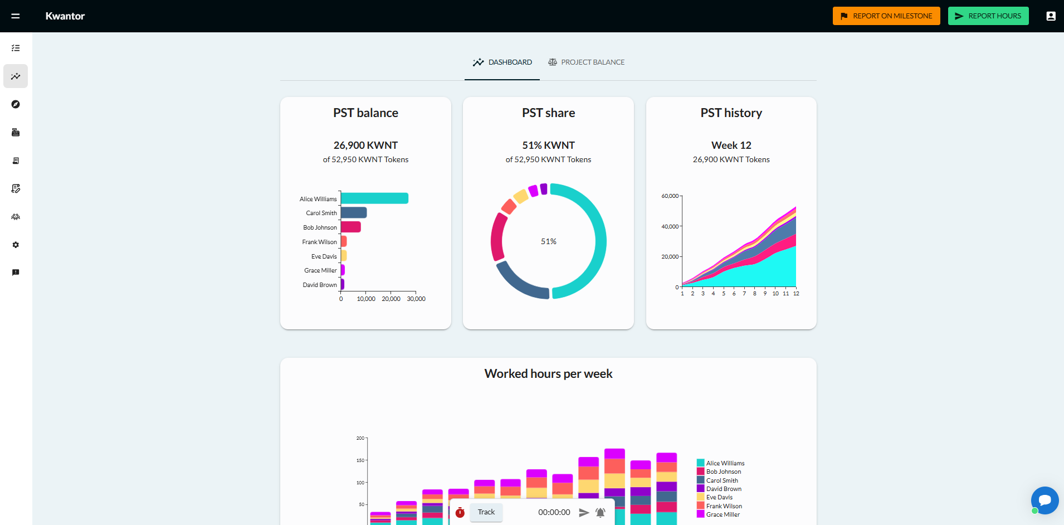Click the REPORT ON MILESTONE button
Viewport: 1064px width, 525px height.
886,16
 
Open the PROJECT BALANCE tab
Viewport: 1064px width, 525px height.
586,62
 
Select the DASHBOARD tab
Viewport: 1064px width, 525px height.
502,62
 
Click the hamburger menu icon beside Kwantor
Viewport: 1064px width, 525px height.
16,16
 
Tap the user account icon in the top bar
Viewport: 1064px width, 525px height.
1051,16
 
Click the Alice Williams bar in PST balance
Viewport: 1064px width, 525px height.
374,198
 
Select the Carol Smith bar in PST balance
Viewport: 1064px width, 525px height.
354,213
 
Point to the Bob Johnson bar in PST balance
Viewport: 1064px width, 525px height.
351,227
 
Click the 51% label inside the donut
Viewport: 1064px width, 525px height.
549,241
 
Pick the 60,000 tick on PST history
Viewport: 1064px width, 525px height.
670,196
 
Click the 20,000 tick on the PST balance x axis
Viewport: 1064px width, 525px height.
391,299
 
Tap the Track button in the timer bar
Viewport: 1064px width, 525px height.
486,512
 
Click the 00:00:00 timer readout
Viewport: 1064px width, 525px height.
554,512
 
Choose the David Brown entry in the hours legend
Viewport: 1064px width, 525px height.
724,489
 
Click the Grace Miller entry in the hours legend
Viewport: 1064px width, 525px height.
723,514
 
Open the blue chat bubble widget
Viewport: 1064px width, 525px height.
1045,500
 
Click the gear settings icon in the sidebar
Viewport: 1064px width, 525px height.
16,245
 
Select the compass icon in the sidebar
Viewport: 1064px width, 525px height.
16,104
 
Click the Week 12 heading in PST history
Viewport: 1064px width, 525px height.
731,145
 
